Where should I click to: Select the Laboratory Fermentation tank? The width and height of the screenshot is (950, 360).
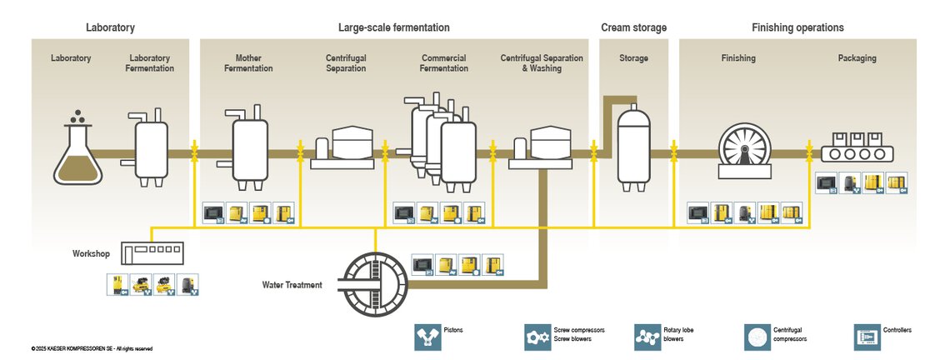click(151, 147)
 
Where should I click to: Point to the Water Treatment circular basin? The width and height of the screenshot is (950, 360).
click(377, 284)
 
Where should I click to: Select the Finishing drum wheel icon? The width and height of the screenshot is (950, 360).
click(743, 151)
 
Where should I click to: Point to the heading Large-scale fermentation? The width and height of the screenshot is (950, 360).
click(394, 27)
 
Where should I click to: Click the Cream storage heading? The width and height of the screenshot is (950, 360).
click(633, 27)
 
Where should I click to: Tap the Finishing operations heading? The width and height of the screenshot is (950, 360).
click(797, 27)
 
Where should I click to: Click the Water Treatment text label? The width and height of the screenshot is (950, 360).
click(292, 285)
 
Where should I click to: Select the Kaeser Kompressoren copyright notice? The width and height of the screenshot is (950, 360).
click(92, 348)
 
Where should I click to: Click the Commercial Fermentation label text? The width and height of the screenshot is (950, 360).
click(443, 63)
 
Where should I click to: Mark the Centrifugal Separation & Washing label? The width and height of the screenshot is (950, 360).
click(542, 63)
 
